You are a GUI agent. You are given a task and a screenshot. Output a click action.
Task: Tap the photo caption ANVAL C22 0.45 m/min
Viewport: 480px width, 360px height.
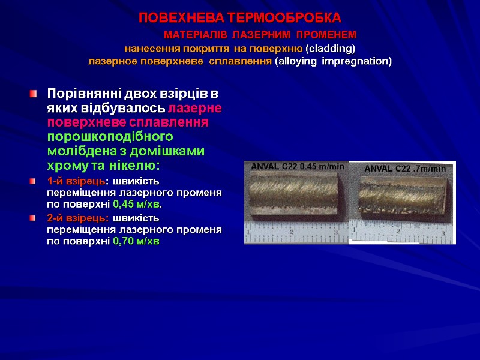(x=298, y=167)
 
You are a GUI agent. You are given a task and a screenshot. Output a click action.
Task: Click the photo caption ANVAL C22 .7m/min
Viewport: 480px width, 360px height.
(x=405, y=169)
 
